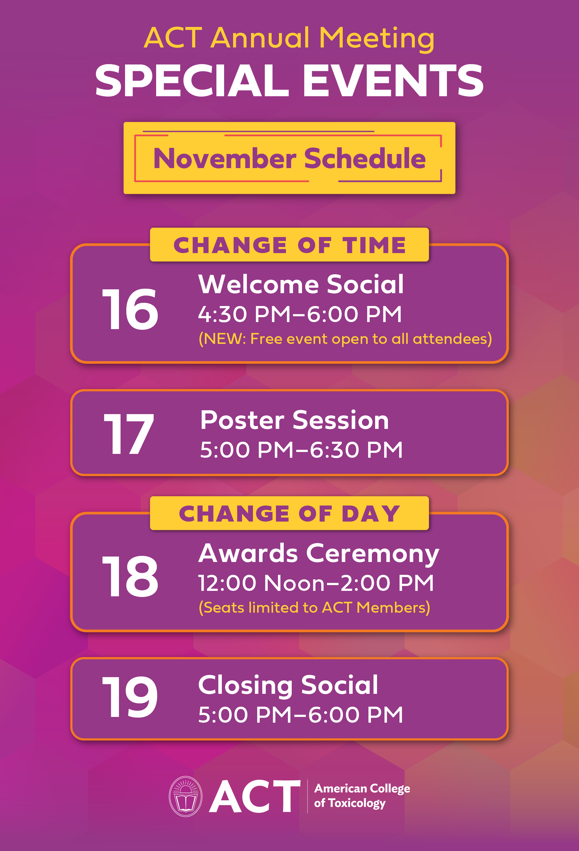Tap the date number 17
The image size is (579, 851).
pos(129,434)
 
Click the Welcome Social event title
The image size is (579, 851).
pos(301,284)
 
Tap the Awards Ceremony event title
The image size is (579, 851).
pos(319,554)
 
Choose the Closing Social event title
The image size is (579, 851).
pos(288,685)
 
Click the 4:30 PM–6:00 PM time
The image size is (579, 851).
pos(300,314)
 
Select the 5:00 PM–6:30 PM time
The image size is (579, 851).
pos(302,450)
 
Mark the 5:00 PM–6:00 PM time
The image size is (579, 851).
pos(301,715)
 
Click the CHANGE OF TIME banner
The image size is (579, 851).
pos(289,245)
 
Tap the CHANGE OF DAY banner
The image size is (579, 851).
pos(289,513)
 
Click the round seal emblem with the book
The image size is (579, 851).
pos(186,796)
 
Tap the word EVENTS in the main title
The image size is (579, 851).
pos(393,81)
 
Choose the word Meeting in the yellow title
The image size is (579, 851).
pos(377,38)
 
